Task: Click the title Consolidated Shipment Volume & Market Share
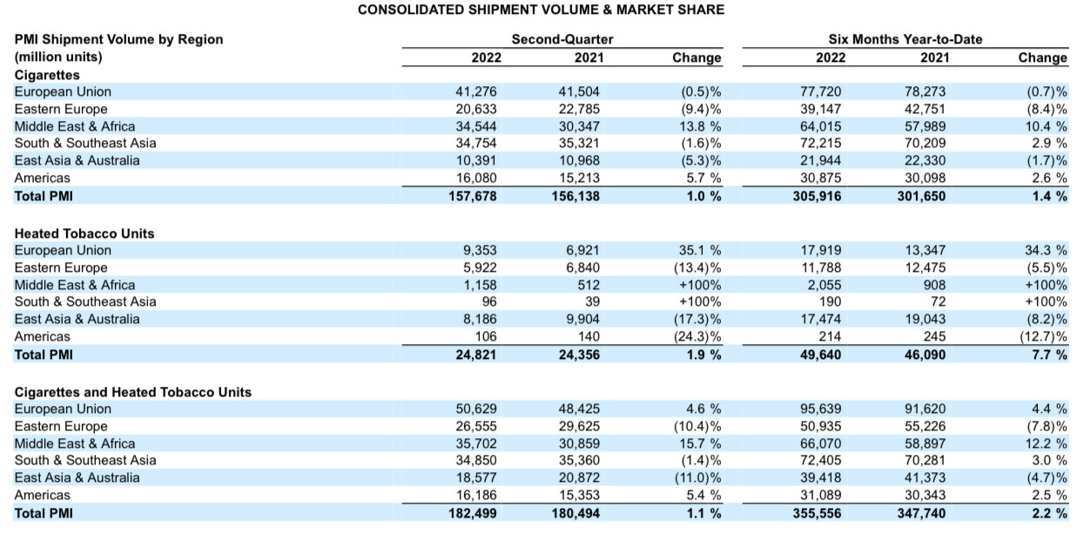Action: tap(541, 10)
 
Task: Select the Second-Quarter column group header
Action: tap(562, 39)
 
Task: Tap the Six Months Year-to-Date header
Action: tap(906, 39)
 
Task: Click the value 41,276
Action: tap(475, 91)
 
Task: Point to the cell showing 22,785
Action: tap(579, 109)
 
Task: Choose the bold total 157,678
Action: tap(472, 196)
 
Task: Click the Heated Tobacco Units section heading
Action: tap(84, 234)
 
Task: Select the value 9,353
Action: tap(480, 250)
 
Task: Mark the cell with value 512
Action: tap(589, 285)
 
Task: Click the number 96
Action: tap(489, 301)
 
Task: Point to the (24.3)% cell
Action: tap(697, 336)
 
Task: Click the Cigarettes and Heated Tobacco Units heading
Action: tap(133, 392)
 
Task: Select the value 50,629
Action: tap(475, 409)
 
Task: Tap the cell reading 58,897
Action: tap(925, 444)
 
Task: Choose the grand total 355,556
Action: tap(817, 513)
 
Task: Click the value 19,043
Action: tap(925, 319)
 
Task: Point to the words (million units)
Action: tap(58, 58)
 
